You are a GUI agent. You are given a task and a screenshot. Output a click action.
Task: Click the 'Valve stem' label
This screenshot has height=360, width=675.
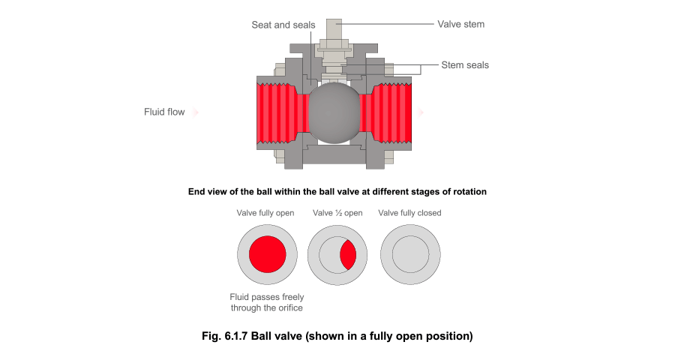(460, 24)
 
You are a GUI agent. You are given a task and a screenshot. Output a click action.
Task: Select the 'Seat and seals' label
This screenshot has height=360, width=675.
(283, 25)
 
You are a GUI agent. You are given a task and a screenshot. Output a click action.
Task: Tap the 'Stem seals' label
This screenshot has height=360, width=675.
(464, 65)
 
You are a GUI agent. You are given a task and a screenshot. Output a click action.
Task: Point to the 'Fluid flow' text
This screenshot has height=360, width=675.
(164, 112)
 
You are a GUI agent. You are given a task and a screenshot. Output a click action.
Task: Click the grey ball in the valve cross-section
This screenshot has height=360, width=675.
(334, 113)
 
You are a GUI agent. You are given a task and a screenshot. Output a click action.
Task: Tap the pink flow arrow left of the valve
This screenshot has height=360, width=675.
(196, 112)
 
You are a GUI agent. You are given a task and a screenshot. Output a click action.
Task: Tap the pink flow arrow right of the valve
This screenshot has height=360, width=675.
(421, 112)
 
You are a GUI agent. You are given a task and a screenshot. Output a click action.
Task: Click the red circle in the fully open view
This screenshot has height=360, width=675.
(267, 254)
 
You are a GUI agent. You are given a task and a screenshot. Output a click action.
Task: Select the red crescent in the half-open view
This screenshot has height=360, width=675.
(348, 254)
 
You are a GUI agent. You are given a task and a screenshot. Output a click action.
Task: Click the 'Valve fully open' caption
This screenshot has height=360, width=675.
(265, 213)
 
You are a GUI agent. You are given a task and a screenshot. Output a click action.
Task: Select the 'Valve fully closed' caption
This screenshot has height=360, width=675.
(409, 213)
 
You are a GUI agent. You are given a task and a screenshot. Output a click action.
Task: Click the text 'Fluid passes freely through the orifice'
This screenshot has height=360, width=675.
(266, 302)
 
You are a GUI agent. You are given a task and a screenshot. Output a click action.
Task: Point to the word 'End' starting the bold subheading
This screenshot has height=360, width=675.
(196, 192)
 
